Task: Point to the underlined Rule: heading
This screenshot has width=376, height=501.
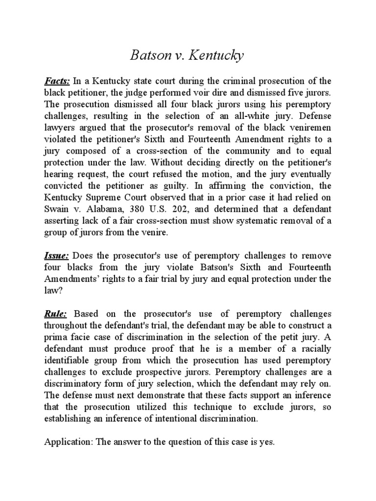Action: [x=55, y=313]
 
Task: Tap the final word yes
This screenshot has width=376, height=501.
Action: [x=269, y=442]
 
